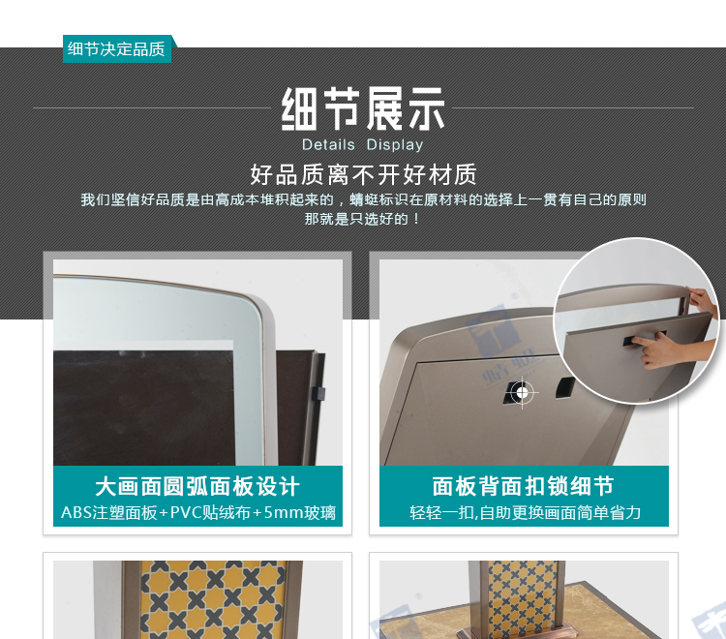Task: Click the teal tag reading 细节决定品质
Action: pyautogui.click(x=117, y=48)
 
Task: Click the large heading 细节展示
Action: pyautogui.click(x=363, y=108)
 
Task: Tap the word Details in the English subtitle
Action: pyautogui.click(x=328, y=144)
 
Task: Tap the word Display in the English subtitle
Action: pyautogui.click(x=395, y=145)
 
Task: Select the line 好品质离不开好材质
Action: pyautogui.click(x=363, y=174)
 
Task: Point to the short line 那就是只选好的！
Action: pyautogui.click(x=363, y=219)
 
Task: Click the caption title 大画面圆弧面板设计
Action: pyautogui.click(x=197, y=486)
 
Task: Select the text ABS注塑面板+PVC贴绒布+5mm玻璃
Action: pyautogui.click(x=198, y=512)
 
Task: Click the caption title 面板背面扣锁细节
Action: pyautogui.click(x=523, y=486)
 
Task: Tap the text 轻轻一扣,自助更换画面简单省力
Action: pyautogui.click(x=525, y=512)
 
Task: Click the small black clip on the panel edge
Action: pyautogui.click(x=318, y=393)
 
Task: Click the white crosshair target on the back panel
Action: pyautogui.click(x=522, y=393)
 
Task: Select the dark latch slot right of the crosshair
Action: pyautogui.click(x=565, y=386)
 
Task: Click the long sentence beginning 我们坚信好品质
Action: pyautogui.click(x=363, y=199)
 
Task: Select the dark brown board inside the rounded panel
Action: pyautogui.click(x=144, y=408)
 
